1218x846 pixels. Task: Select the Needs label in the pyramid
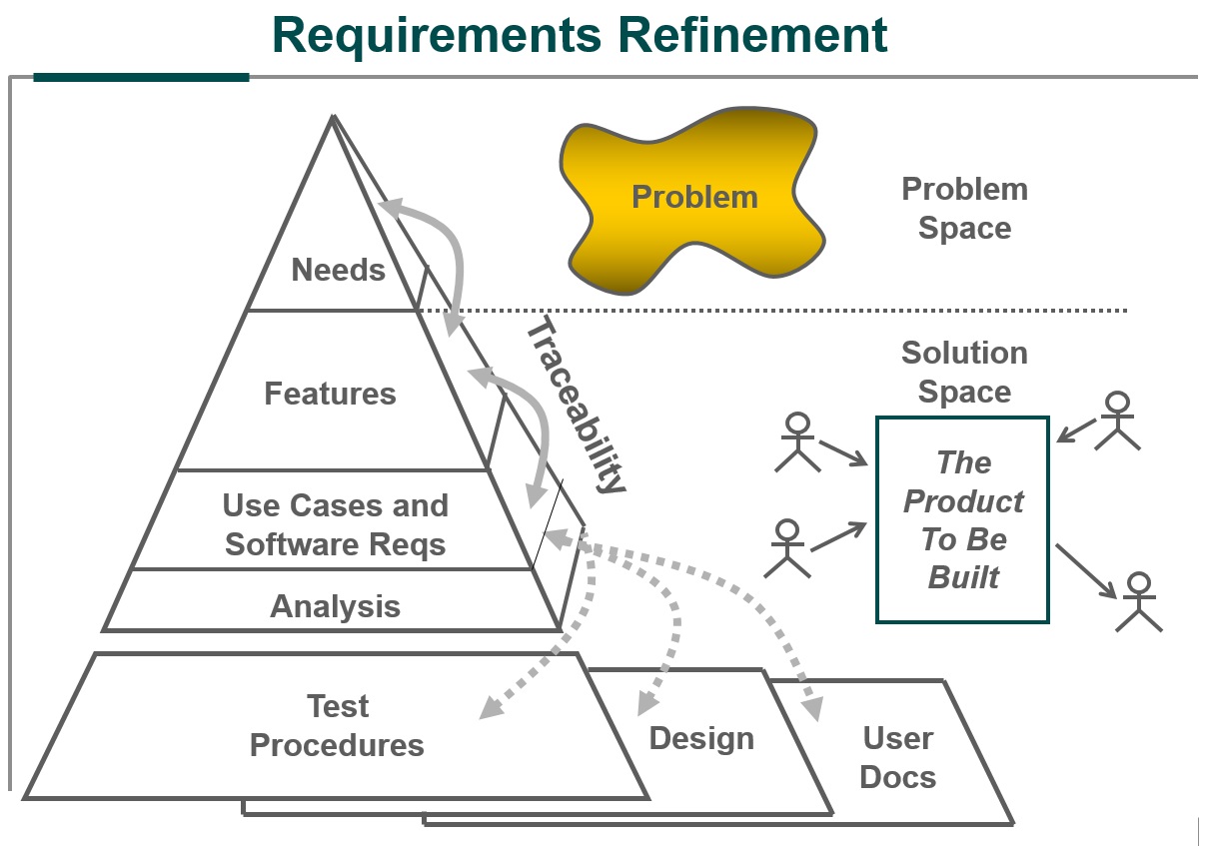point(338,270)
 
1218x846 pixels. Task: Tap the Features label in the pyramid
point(330,394)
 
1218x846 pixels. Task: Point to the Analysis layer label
point(335,606)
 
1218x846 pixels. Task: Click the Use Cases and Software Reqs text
point(335,525)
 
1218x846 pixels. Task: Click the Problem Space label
point(964,208)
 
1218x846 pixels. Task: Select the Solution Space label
point(964,372)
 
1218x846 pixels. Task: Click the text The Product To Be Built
point(963,519)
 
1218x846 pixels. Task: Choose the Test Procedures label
point(337,726)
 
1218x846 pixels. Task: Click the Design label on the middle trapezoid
point(701,738)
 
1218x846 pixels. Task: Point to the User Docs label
point(897,757)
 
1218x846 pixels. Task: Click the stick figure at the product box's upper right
point(1117,420)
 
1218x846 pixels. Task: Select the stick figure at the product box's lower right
point(1139,601)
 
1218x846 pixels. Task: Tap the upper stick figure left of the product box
point(796,439)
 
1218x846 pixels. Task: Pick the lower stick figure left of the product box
point(787,547)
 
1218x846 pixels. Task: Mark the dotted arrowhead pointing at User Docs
point(812,709)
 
